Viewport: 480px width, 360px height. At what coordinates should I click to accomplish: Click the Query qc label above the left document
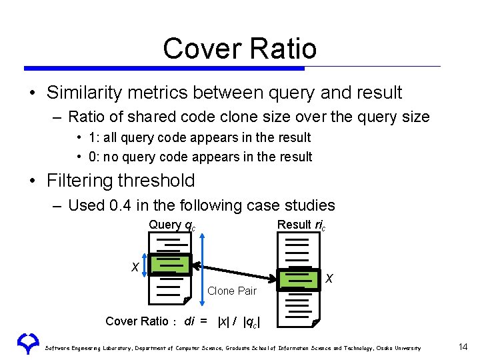tap(172, 225)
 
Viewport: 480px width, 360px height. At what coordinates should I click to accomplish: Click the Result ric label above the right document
tap(301, 225)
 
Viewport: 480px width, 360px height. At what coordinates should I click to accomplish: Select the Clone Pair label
tap(232, 291)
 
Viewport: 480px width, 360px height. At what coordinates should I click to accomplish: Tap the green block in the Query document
tap(171, 265)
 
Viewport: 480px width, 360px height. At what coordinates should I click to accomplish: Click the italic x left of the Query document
tap(135, 267)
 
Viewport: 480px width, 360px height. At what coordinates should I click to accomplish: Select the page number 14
tap(463, 347)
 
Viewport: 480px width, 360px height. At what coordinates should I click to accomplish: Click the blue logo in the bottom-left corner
tap(27, 343)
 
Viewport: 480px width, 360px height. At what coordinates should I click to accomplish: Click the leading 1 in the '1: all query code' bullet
tap(91, 138)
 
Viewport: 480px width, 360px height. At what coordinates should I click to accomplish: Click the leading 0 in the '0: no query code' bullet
tap(91, 157)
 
